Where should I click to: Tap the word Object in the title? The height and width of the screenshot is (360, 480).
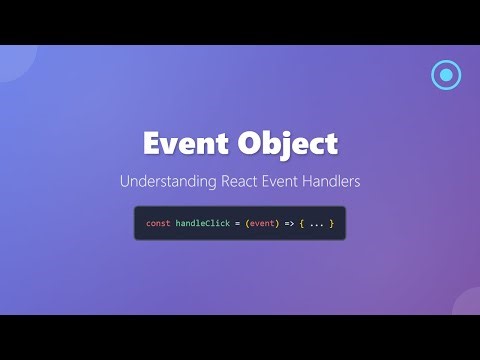click(286, 143)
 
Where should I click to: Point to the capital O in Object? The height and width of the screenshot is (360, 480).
click(249, 143)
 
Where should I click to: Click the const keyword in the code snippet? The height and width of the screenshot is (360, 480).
click(158, 223)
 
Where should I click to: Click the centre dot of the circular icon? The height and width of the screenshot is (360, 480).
click(446, 75)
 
